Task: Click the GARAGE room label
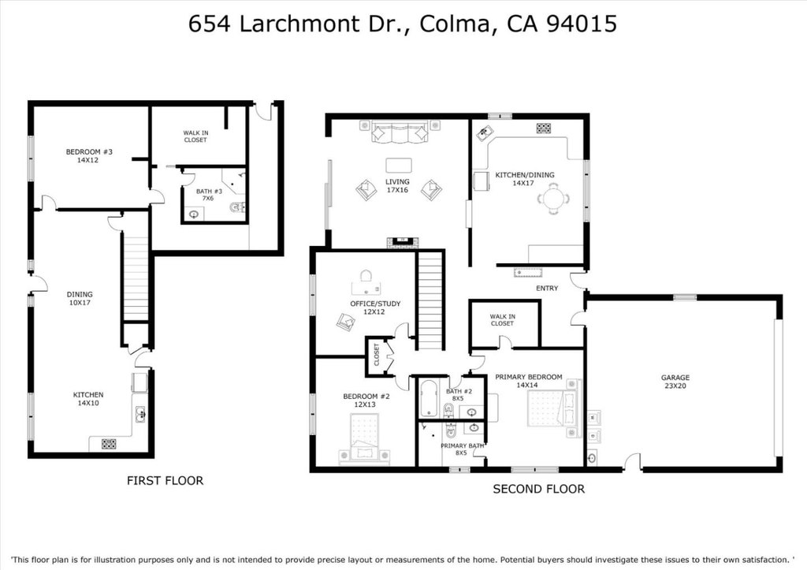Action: pyautogui.click(x=675, y=382)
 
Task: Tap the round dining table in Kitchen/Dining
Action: pyautogui.click(x=555, y=197)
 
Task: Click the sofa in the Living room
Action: pyautogui.click(x=399, y=132)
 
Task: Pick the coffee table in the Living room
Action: pyautogui.click(x=399, y=165)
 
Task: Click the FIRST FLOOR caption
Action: pyautogui.click(x=165, y=480)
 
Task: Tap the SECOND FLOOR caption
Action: pyautogui.click(x=538, y=489)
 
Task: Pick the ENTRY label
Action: pyautogui.click(x=547, y=289)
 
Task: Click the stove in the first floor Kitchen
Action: pyautogui.click(x=109, y=443)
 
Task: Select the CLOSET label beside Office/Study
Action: pyautogui.click(x=377, y=356)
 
